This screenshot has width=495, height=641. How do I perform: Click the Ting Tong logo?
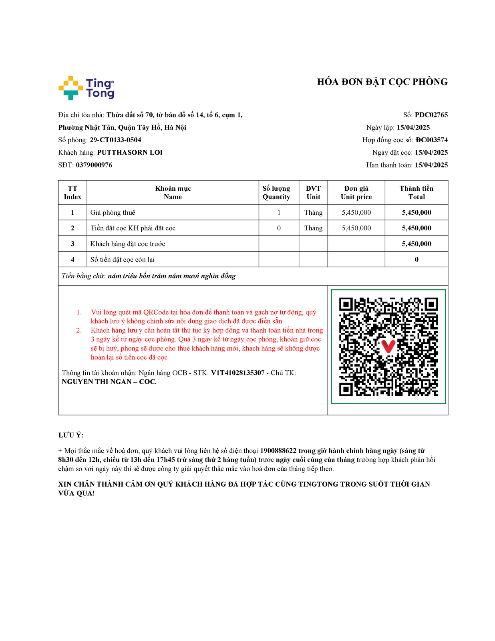click(86, 88)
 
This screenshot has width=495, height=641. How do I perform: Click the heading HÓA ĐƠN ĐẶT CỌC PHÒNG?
click(382, 82)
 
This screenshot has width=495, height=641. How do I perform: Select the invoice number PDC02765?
click(431, 115)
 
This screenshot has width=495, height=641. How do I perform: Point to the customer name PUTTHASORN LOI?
click(130, 153)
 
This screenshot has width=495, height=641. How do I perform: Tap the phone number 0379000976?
click(94, 165)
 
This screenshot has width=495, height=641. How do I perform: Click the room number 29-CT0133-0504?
click(115, 140)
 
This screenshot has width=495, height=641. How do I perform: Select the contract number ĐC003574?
click(431, 140)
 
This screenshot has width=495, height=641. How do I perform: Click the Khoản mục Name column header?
click(173, 193)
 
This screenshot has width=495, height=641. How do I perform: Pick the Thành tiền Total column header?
click(416, 193)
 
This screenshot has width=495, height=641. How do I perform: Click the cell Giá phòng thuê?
click(113, 213)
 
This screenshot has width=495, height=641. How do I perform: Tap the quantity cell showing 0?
click(279, 228)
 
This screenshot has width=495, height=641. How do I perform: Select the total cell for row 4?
click(417, 260)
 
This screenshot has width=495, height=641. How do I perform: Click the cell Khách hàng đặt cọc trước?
click(128, 244)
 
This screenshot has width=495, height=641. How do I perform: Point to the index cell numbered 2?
click(72, 228)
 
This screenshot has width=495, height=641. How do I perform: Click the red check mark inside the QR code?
click(388, 346)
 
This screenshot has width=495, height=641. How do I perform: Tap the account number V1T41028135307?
click(238, 373)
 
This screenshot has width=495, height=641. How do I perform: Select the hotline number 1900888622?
click(278, 451)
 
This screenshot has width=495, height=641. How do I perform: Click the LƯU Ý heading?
click(71, 435)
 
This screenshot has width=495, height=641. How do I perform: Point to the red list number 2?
click(79, 331)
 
